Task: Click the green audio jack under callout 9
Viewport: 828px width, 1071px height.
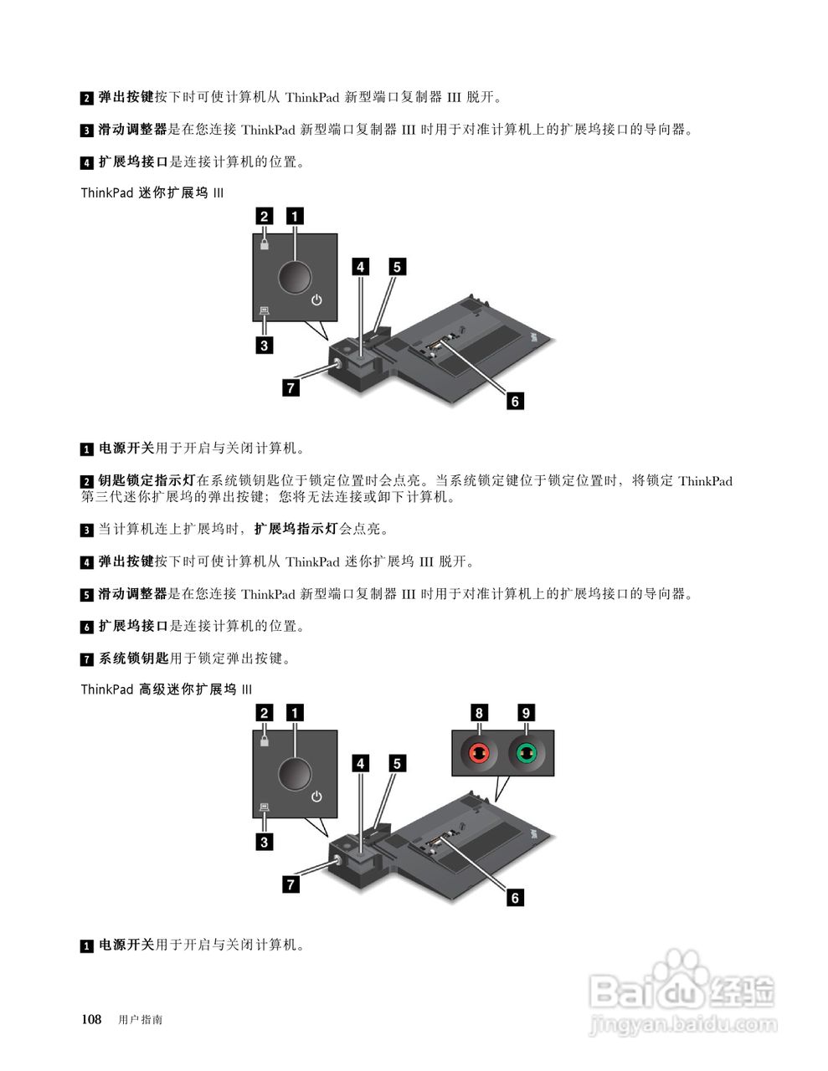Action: pyautogui.click(x=526, y=753)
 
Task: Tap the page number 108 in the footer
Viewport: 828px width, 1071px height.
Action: pyautogui.click(x=91, y=1019)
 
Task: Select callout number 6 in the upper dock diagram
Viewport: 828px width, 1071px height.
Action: pyautogui.click(x=515, y=402)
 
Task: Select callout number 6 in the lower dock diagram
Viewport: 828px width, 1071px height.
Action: pyautogui.click(x=515, y=898)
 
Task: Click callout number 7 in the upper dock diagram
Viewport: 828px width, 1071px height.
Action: pyautogui.click(x=291, y=387)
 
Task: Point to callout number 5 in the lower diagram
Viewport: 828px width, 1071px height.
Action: pyautogui.click(x=397, y=763)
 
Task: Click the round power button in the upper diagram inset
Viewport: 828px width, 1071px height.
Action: pyautogui.click(x=294, y=276)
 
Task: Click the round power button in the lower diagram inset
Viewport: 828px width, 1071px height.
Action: pyautogui.click(x=294, y=772)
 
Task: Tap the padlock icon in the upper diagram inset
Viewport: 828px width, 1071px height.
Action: pyautogui.click(x=265, y=244)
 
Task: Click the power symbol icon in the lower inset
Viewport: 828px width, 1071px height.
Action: pyautogui.click(x=316, y=796)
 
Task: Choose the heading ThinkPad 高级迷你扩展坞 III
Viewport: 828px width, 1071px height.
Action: pyautogui.click(x=167, y=689)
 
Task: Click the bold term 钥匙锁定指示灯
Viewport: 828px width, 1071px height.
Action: pyautogui.click(x=147, y=481)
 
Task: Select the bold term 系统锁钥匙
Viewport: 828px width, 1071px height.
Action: pyautogui.click(x=134, y=658)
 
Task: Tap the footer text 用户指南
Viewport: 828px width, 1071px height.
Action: pyautogui.click(x=141, y=1020)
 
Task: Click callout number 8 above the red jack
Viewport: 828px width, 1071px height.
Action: pyautogui.click(x=479, y=713)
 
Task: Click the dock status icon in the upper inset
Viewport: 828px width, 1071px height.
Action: pyautogui.click(x=265, y=310)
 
